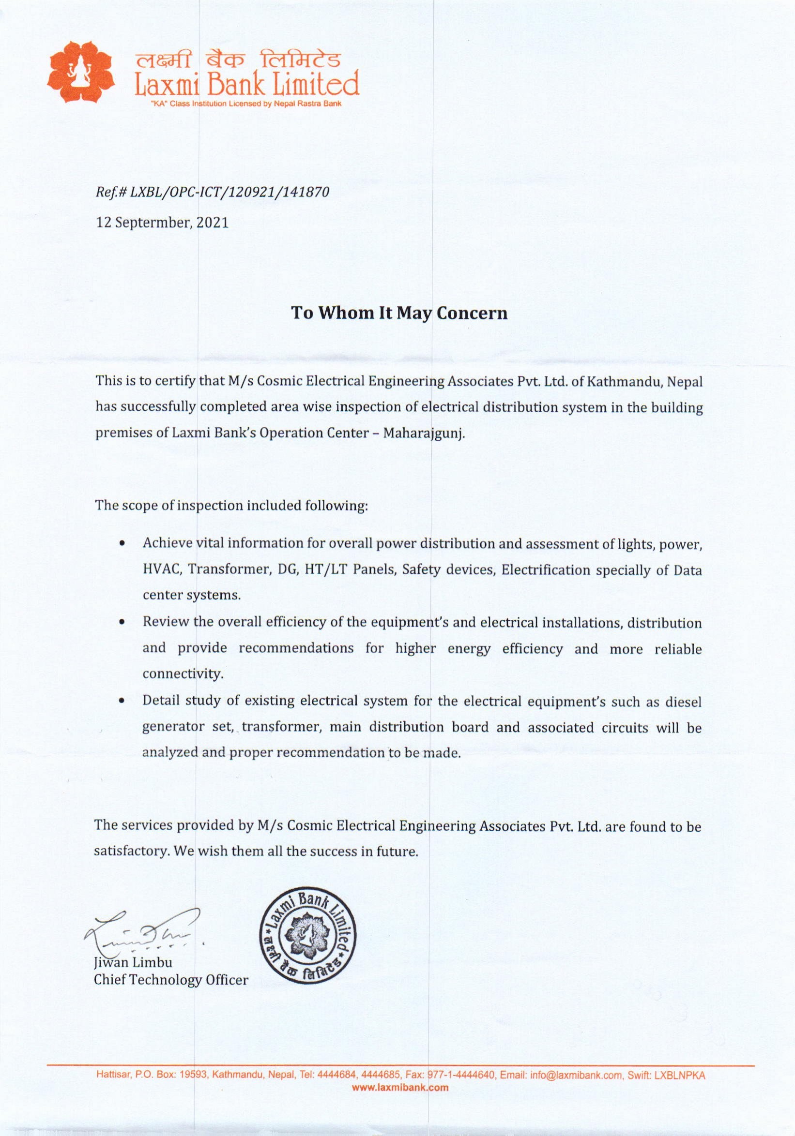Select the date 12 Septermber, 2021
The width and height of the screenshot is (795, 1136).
pos(162,223)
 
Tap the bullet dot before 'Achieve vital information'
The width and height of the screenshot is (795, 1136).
pos(121,543)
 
